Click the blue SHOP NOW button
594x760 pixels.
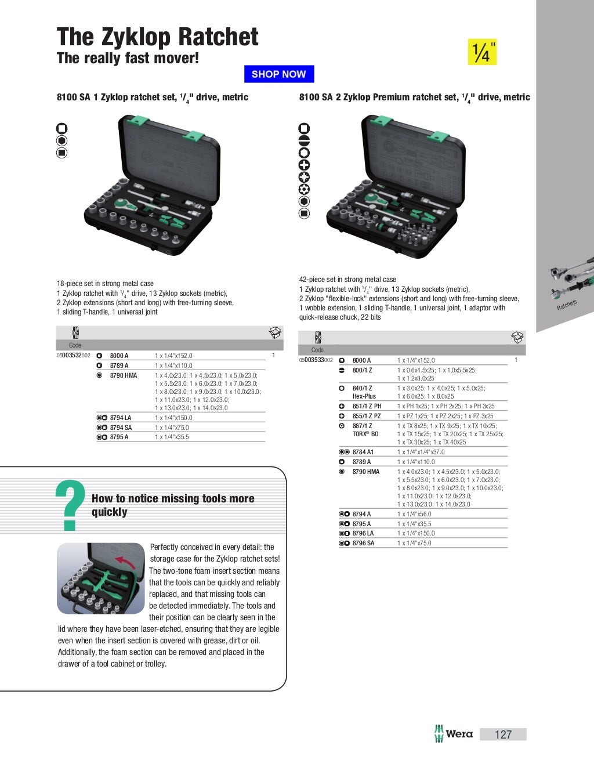point(278,74)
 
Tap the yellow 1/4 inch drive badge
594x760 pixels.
point(482,52)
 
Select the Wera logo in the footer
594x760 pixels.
point(454,734)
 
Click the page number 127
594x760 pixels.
point(503,734)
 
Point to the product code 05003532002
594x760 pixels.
point(73,356)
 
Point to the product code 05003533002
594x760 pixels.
point(316,360)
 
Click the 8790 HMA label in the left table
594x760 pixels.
point(123,375)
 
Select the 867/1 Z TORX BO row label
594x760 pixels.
point(365,430)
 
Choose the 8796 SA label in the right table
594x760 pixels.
point(363,543)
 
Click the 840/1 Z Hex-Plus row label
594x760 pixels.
point(364,392)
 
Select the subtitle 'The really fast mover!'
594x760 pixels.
point(128,59)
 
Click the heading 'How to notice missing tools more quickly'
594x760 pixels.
point(172,505)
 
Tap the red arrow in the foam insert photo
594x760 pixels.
point(124,561)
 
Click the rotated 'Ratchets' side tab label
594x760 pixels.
point(567,305)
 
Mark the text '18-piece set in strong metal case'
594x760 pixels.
point(105,284)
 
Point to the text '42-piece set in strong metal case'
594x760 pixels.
point(347,280)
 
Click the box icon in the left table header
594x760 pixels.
point(275,332)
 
